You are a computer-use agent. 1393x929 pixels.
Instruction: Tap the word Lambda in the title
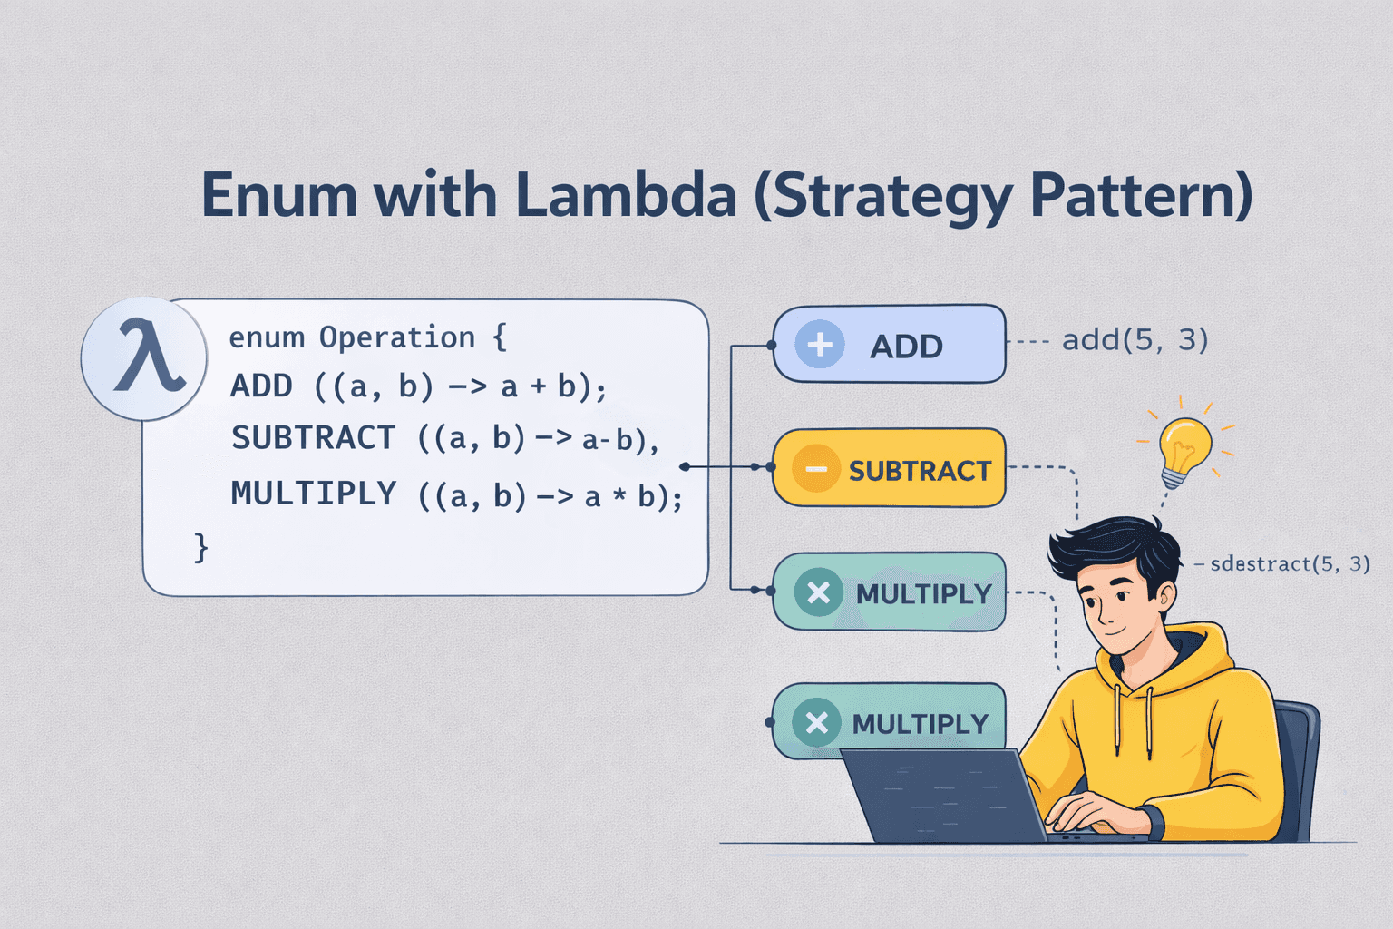tap(626, 195)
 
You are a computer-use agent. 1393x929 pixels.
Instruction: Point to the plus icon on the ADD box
tap(820, 345)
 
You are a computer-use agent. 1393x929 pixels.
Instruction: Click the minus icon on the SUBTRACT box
tap(815, 469)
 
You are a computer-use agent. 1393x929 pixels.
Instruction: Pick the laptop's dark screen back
tap(943, 795)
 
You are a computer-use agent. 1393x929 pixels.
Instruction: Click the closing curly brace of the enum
tap(201, 547)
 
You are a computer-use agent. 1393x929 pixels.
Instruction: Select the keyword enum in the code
tap(267, 337)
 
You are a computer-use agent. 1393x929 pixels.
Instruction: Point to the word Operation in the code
tap(396, 337)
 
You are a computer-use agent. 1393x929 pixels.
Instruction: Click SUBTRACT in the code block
tap(313, 438)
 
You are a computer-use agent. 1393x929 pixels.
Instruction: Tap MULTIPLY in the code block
tap(313, 494)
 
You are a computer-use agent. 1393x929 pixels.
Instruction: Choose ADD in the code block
tap(261, 386)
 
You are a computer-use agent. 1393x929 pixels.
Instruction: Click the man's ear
tap(1164, 596)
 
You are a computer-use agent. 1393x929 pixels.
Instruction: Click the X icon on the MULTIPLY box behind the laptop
tap(816, 723)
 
